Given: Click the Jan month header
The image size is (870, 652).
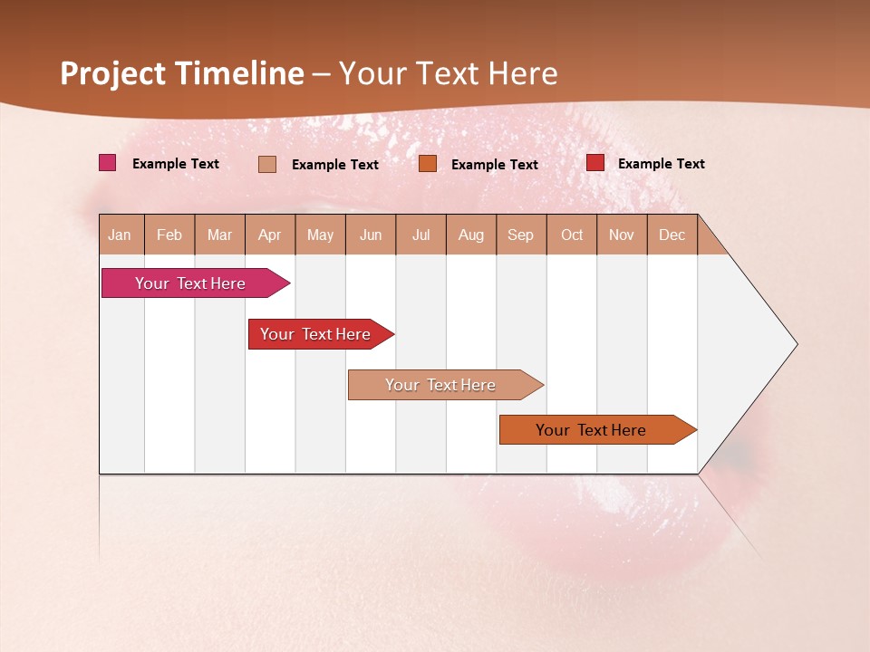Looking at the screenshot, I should point(120,235).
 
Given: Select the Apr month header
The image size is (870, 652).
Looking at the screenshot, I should point(269,235).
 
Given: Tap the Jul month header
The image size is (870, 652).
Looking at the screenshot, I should point(420,235).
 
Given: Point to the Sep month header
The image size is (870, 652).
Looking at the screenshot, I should point(520,235).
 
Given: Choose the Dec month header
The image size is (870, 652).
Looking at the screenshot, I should point(672,235).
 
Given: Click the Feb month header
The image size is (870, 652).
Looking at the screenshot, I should point(169,235).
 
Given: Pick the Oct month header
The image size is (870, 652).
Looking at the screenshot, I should point(572,235).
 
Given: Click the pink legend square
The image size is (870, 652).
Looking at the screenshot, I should point(107,163).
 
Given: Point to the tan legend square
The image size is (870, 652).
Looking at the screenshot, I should point(267,164).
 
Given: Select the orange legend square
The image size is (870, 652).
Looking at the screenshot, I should point(428,163).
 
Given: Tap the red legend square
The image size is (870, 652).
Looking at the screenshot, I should point(594,163).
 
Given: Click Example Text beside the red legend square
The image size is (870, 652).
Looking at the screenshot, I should point(661,164).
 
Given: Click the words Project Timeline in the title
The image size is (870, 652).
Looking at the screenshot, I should point(182,73).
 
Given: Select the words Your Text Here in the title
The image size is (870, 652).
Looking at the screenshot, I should point(449,73).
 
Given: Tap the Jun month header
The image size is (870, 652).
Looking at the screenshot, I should point(371,235).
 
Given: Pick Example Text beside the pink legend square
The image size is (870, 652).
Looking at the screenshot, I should point(175,164).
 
